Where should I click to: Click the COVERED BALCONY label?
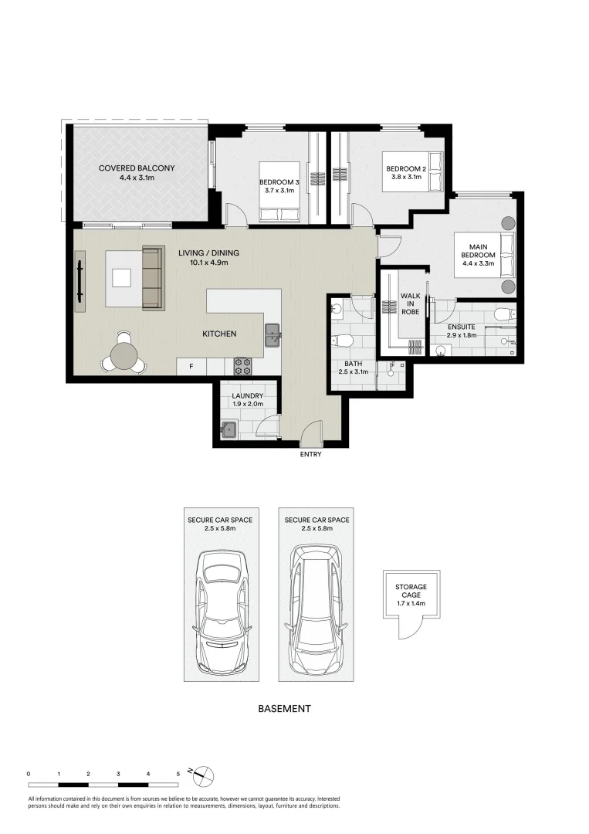click(x=137, y=168)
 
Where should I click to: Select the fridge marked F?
click(x=191, y=367)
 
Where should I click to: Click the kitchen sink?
click(x=273, y=336)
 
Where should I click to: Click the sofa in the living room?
click(x=153, y=277)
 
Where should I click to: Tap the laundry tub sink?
click(x=229, y=429)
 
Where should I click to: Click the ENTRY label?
click(x=310, y=454)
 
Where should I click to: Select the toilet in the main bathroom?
click(x=342, y=340)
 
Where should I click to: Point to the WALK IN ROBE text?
click(x=410, y=303)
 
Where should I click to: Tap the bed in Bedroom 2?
click(x=412, y=171)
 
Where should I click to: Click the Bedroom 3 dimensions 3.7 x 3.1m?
click(x=276, y=191)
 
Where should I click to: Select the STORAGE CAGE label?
click(x=411, y=591)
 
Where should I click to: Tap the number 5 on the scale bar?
click(x=178, y=774)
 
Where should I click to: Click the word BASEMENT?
click(x=284, y=708)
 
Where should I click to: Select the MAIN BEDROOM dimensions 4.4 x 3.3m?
click(x=479, y=263)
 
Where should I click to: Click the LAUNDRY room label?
click(x=247, y=395)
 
